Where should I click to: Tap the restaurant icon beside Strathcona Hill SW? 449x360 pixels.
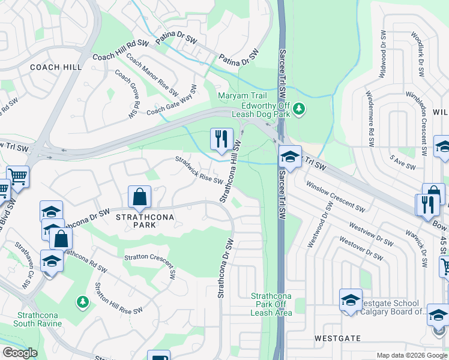(x=221, y=139)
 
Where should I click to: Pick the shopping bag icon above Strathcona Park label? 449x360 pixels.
(x=139, y=196)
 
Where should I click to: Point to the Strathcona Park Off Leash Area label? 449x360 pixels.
(x=271, y=304)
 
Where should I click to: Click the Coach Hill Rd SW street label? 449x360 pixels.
(x=120, y=50)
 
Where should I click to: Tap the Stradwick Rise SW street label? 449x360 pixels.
(x=199, y=170)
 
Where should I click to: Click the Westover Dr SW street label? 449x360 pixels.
(x=361, y=248)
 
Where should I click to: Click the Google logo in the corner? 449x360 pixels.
(x=19, y=353)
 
